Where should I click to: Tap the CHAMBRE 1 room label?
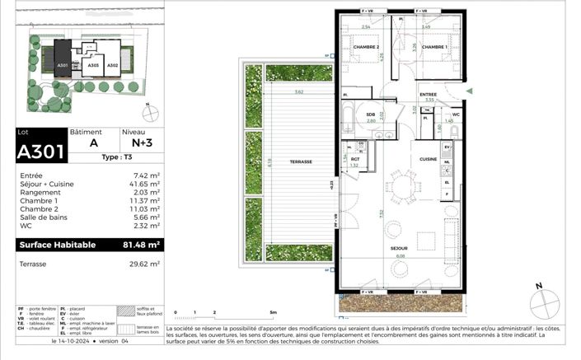pyautogui.click(x=435, y=47)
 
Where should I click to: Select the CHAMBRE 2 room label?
pyautogui.click(x=367, y=47)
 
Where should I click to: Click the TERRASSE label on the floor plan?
pyautogui.click(x=301, y=162)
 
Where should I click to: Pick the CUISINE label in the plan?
pyautogui.click(x=428, y=158)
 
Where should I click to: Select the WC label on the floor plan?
pyautogui.click(x=455, y=115)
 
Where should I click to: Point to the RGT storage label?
pyautogui.click(x=355, y=159)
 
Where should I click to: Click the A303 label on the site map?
pyautogui.click(x=93, y=65)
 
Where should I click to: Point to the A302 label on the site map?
pyautogui.click(x=113, y=65)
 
